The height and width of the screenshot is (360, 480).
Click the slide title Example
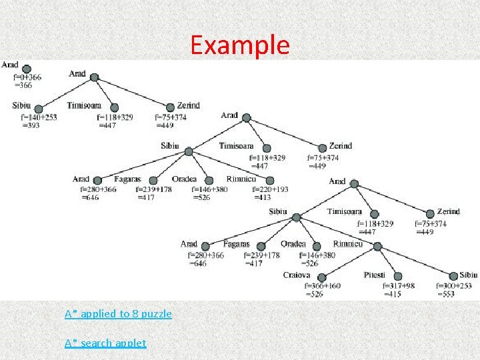240,45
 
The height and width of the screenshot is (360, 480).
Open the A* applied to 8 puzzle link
118,313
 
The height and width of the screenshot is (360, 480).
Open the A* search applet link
105,343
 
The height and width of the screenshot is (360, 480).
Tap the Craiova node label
297,275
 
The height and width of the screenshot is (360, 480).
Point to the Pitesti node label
375,275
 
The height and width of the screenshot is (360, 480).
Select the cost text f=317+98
399,286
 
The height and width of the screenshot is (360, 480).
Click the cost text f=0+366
28,77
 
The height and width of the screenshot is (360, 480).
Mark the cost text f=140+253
39,117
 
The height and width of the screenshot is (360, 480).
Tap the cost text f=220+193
270,189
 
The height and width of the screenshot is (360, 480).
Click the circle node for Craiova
321,277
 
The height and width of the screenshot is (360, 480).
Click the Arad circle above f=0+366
27,67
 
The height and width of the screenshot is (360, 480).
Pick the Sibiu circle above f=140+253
38,108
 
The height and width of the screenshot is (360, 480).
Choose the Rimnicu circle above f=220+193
269,180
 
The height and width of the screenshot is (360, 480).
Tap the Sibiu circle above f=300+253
453,277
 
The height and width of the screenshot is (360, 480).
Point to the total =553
445,294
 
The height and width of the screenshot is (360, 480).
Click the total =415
392,294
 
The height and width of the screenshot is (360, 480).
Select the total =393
31,125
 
